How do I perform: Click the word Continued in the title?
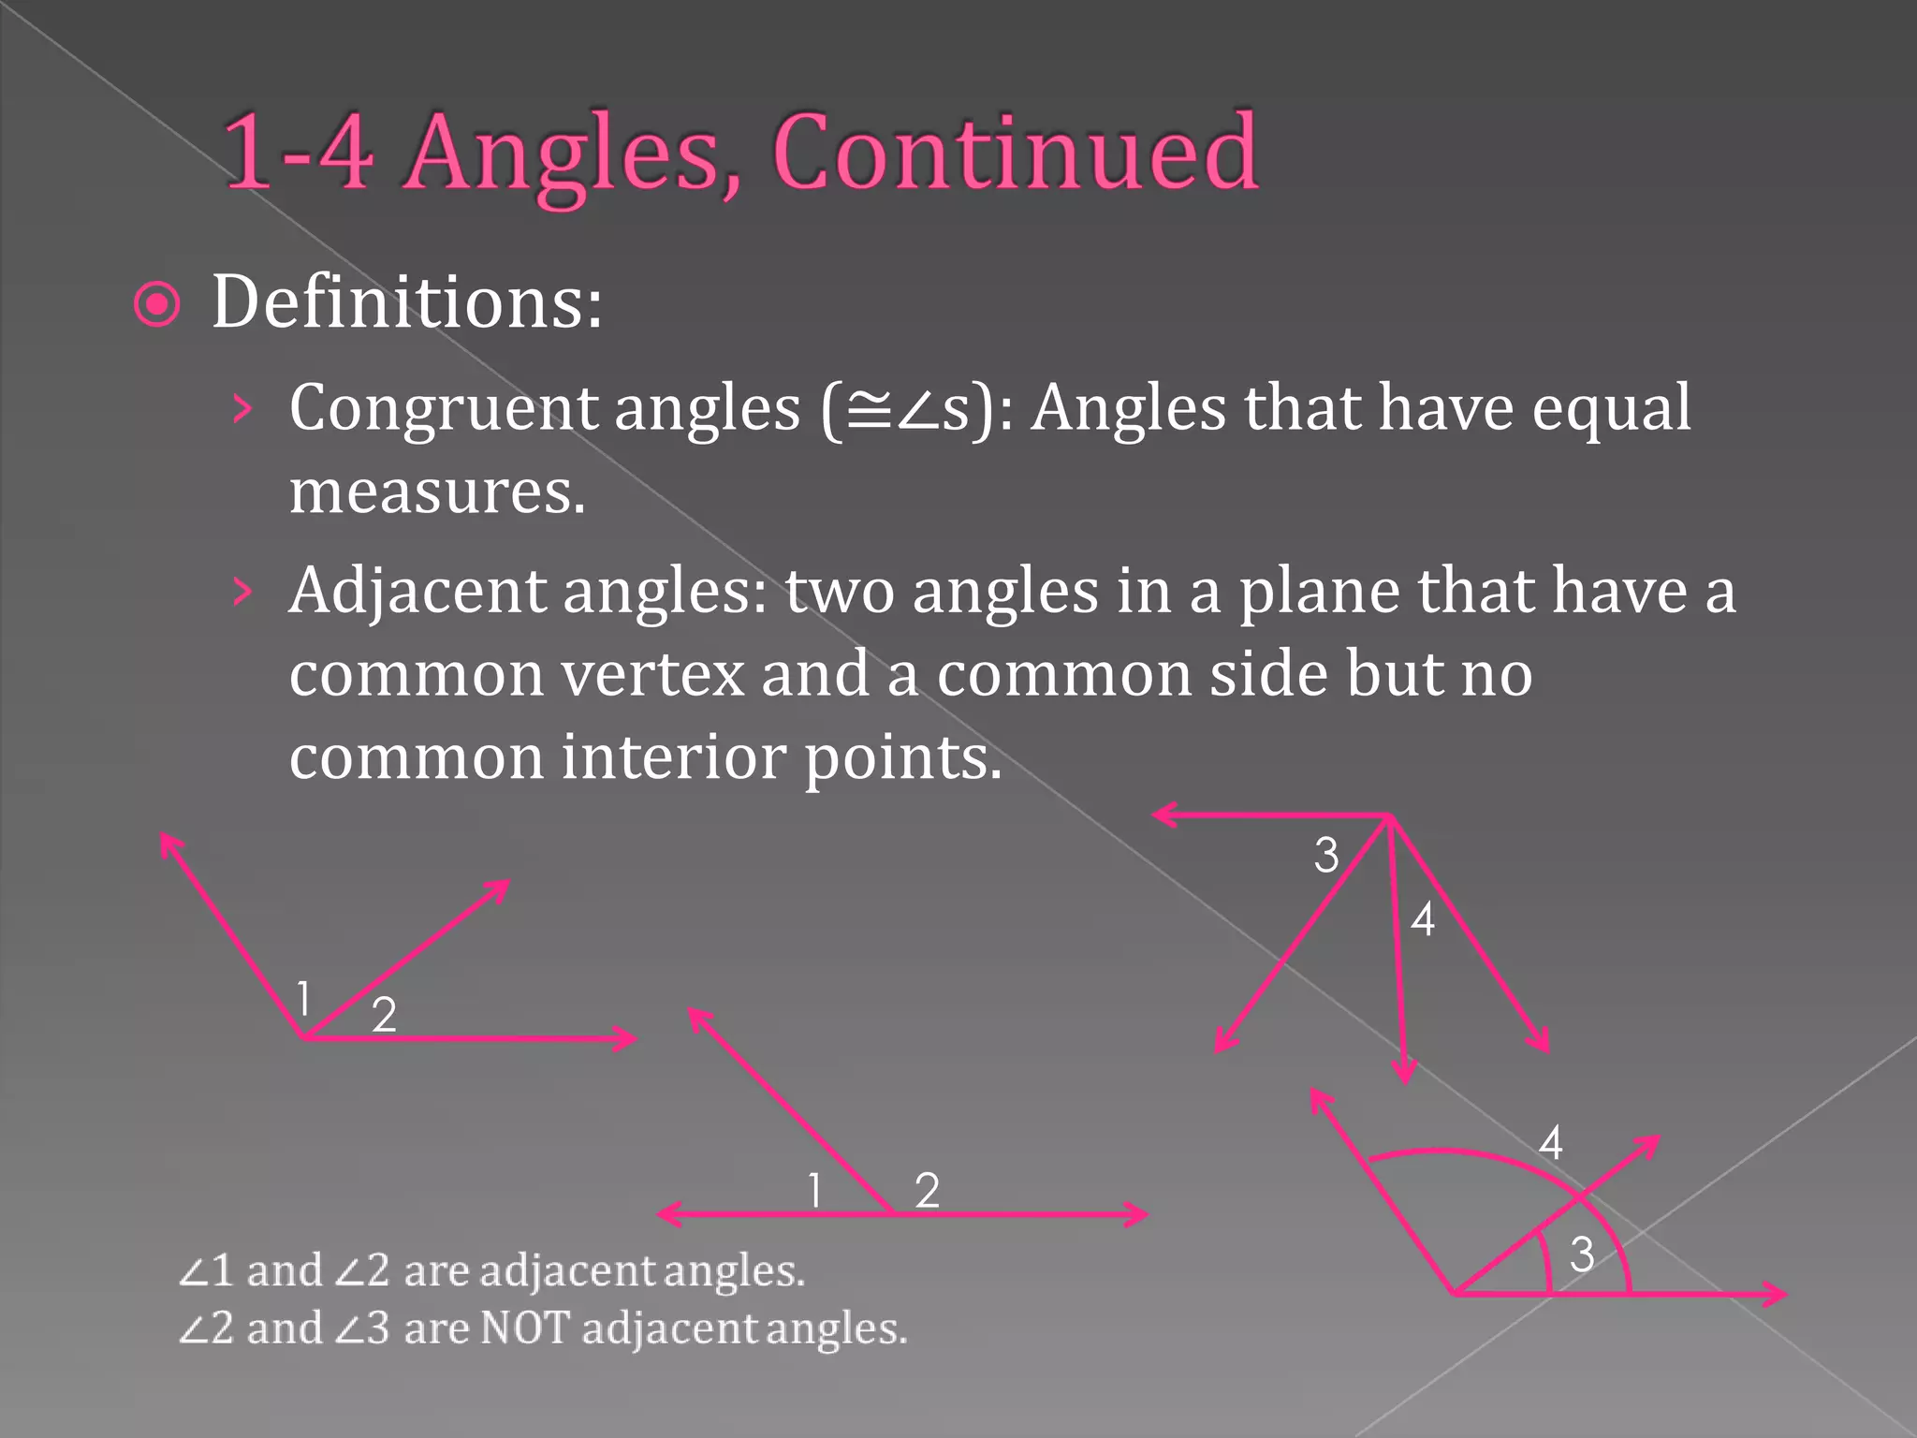point(1016,152)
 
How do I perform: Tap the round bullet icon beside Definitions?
point(157,304)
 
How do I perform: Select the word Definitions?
point(407,302)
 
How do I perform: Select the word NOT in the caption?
point(524,1328)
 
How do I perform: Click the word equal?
point(1611,409)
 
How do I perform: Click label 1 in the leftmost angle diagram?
point(303,998)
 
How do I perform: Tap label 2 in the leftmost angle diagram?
point(384,1015)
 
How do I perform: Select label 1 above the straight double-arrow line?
point(815,1191)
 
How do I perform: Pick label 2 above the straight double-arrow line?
point(927,1191)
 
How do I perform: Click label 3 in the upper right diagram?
point(1326,855)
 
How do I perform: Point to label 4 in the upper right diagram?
point(1423,919)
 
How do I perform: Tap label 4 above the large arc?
point(1551,1143)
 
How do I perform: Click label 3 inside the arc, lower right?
point(1582,1255)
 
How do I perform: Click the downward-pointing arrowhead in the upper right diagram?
point(1403,1072)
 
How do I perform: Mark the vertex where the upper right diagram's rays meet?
point(1389,817)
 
